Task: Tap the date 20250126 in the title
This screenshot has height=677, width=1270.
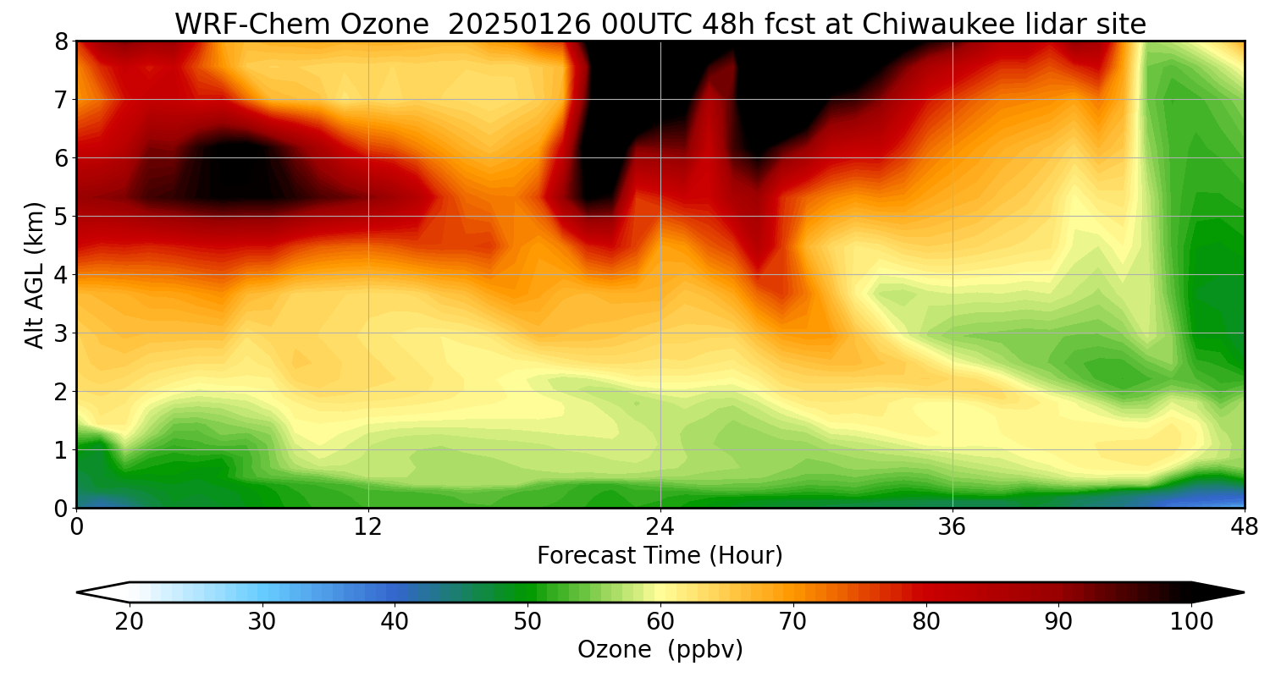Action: [x=516, y=25]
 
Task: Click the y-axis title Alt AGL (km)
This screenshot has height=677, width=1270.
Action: [x=35, y=274]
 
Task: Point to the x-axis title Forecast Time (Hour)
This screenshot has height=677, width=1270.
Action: [x=660, y=556]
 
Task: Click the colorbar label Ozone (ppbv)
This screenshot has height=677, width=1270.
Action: [x=660, y=649]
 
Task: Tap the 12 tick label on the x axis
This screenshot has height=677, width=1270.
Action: [x=368, y=526]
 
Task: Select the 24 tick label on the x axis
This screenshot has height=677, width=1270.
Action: [x=660, y=526]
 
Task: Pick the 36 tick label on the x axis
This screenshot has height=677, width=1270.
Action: [x=952, y=526]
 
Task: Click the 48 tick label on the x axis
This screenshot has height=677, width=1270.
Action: [x=1244, y=526]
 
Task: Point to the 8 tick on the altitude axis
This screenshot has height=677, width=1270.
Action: [x=61, y=41]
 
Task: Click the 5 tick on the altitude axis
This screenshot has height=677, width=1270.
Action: [x=61, y=217]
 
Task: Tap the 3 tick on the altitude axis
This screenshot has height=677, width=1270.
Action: [x=61, y=333]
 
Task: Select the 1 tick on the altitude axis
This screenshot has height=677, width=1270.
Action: [x=61, y=450]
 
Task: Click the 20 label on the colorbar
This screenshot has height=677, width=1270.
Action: [x=130, y=622]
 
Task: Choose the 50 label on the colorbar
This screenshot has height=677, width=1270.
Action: [x=527, y=622]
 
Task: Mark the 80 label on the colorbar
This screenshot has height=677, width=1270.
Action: [x=926, y=622]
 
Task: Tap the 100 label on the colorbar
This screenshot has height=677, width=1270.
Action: [x=1191, y=622]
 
